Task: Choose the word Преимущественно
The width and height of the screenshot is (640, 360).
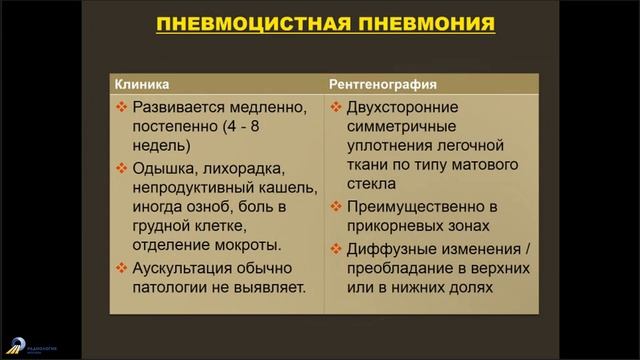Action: [412, 207]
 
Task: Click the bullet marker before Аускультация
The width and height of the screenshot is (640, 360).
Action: [122, 268]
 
